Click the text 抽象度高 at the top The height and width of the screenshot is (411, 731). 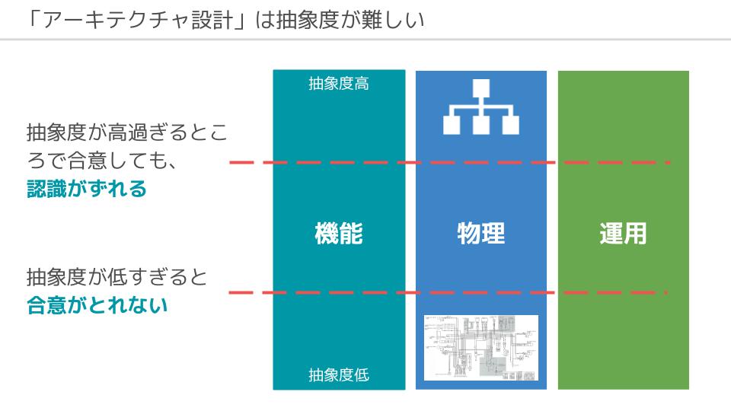pyautogui.click(x=339, y=84)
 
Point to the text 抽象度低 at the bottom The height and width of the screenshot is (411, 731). pyautogui.click(x=339, y=374)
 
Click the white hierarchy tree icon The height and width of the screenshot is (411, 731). pyautogui.click(x=481, y=107)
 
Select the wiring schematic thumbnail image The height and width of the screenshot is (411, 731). pyautogui.click(x=481, y=348)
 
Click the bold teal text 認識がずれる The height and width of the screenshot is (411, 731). pyautogui.click(x=87, y=190)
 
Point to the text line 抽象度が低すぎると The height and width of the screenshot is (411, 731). pyautogui.click(x=117, y=276)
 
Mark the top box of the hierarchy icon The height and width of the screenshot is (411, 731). pyautogui.click(x=481, y=88)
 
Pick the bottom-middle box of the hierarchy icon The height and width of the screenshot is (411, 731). pyautogui.click(x=481, y=124)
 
